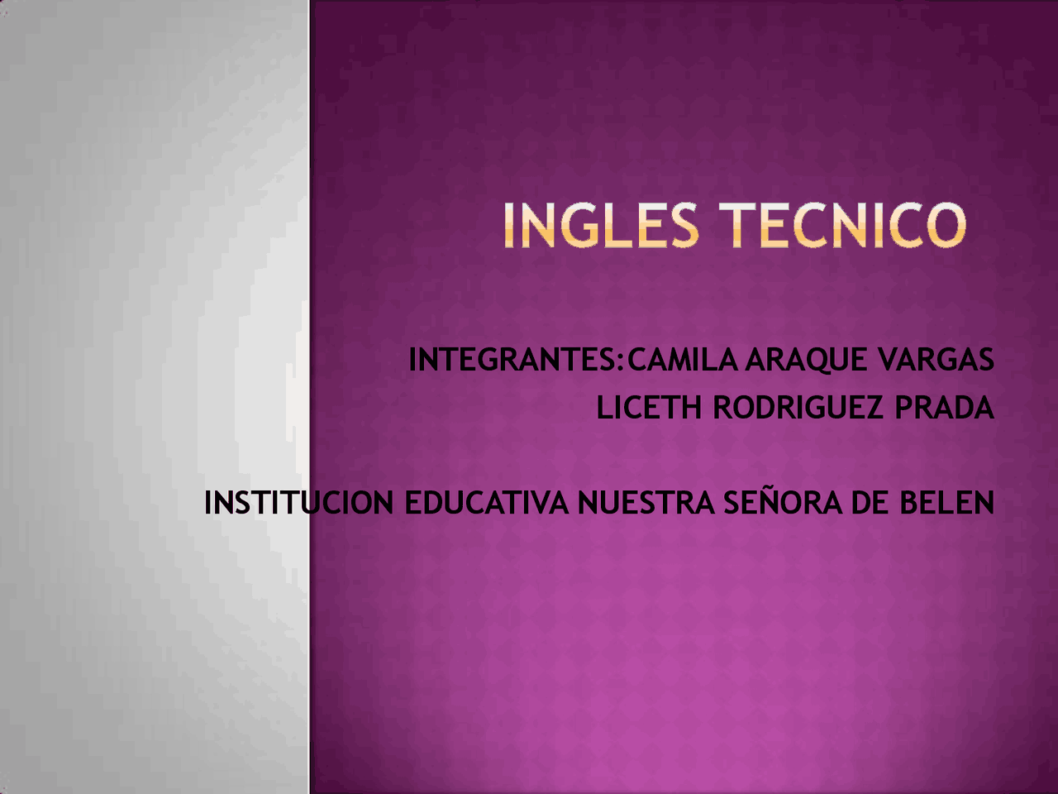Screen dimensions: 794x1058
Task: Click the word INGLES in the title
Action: [x=601, y=226]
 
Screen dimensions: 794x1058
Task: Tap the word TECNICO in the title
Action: [x=842, y=226]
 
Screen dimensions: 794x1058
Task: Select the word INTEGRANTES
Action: [x=512, y=360]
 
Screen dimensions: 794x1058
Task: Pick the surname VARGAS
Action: [x=936, y=360]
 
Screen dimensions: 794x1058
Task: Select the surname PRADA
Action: [x=944, y=408]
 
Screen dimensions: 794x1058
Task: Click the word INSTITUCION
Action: [x=298, y=503]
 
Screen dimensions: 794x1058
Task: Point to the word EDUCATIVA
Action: [x=486, y=503]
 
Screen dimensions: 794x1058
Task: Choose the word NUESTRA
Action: [x=646, y=503]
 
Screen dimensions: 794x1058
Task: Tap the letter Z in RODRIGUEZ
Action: [x=875, y=408]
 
